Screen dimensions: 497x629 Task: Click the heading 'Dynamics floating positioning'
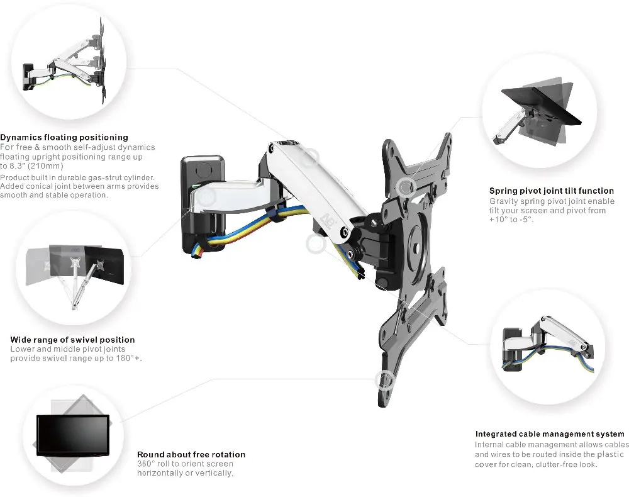(x=64, y=137)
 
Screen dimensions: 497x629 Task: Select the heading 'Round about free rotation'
(x=191, y=454)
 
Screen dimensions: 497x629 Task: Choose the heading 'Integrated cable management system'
(x=550, y=434)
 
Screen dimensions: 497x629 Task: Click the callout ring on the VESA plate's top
(x=406, y=186)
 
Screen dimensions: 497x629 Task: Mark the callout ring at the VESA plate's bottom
(x=384, y=380)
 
